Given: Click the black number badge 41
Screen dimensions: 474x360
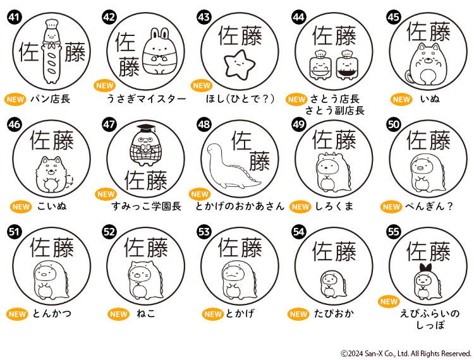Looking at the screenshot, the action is tap(14, 17).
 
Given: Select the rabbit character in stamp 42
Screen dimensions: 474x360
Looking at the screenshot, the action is tap(159, 51).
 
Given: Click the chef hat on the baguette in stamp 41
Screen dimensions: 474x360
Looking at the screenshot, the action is tap(51, 25).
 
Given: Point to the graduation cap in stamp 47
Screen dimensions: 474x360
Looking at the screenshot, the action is tap(146, 129).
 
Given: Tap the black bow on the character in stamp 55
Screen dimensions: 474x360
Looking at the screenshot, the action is tap(426, 268).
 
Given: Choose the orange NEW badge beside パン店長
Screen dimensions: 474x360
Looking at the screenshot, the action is tap(15, 99).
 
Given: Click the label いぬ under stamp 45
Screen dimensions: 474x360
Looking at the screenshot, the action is tap(430, 99).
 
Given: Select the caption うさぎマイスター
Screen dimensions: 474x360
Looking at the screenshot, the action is tap(147, 99).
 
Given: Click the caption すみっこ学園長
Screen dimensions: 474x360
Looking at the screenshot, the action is tap(147, 207).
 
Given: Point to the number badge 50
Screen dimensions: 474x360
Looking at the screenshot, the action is tap(394, 124).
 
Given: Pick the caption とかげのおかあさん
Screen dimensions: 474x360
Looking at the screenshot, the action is tap(240, 207).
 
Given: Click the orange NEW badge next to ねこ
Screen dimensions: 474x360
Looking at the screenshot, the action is tap(119, 314).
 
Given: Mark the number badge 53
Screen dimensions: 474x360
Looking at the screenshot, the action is tap(204, 232).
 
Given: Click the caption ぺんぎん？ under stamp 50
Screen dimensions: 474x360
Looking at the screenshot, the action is tap(429, 207).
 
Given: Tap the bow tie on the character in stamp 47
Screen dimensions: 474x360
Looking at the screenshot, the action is tap(147, 148).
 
